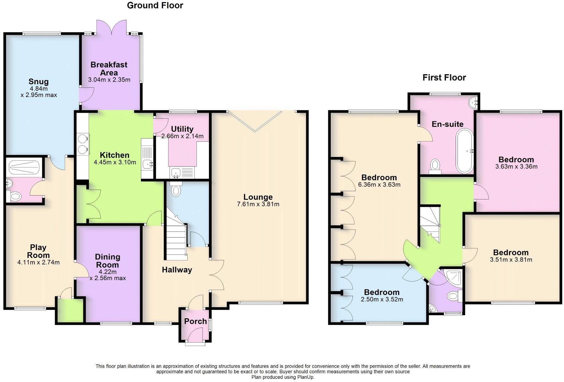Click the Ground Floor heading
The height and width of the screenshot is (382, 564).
(155, 6)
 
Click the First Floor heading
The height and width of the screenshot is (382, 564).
(444, 78)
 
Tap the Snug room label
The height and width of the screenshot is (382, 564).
(38, 82)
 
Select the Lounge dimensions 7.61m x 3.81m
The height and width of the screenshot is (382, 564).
(258, 204)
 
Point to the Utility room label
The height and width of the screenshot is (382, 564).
(182, 129)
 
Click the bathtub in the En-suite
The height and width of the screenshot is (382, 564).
(465, 151)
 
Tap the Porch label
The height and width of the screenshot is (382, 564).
(195, 321)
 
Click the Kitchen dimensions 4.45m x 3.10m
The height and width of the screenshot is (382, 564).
(115, 162)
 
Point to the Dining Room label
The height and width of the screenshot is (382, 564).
(107, 261)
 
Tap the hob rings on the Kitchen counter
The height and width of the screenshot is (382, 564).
(83, 144)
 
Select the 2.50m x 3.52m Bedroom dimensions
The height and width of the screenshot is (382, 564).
(382, 299)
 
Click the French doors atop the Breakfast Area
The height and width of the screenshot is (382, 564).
(111, 28)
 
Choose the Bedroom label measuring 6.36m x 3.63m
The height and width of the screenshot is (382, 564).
(379, 178)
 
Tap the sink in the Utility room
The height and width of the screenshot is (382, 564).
(176, 172)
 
